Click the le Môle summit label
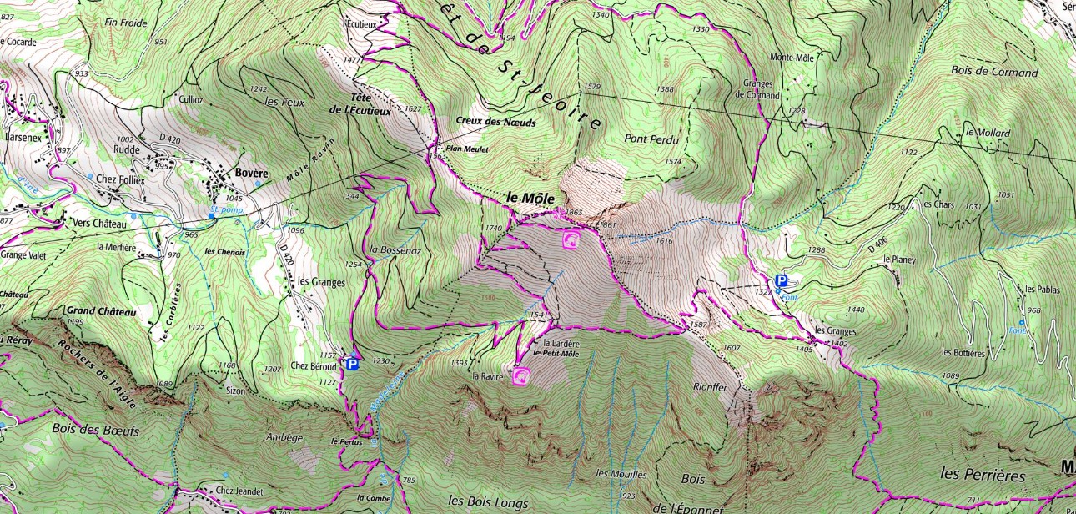(530, 198)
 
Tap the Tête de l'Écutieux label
(359, 103)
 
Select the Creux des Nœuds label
(495, 122)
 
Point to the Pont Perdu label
(651, 139)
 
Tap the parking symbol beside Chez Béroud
(352, 364)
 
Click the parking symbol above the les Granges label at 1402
(782, 281)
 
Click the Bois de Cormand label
(994, 72)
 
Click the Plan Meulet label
(465, 149)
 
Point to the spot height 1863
(573, 213)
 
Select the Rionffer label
(711, 387)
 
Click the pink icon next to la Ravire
(521, 376)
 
